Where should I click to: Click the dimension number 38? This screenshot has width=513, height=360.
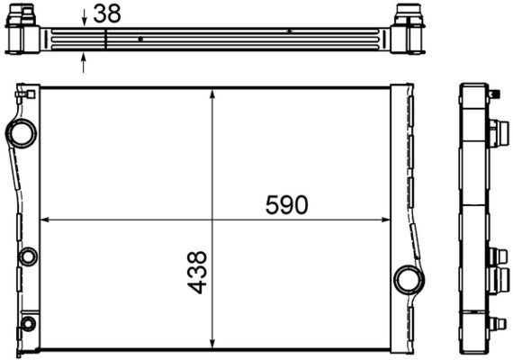(106, 13)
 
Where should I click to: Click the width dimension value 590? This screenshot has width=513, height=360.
(286, 205)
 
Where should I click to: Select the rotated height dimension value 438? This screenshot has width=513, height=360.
(197, 272)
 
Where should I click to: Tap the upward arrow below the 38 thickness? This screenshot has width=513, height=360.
(84, 61)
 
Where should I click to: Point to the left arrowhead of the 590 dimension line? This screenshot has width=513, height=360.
(45, 220)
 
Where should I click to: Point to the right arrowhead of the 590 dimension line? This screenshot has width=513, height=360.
(385, 220)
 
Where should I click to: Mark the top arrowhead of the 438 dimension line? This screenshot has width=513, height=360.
(211, 94)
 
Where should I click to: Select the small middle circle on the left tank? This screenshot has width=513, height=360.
(27, 255)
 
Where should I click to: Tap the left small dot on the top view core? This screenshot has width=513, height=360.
(141, 39)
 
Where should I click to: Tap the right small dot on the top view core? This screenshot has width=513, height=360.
(289, 31)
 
